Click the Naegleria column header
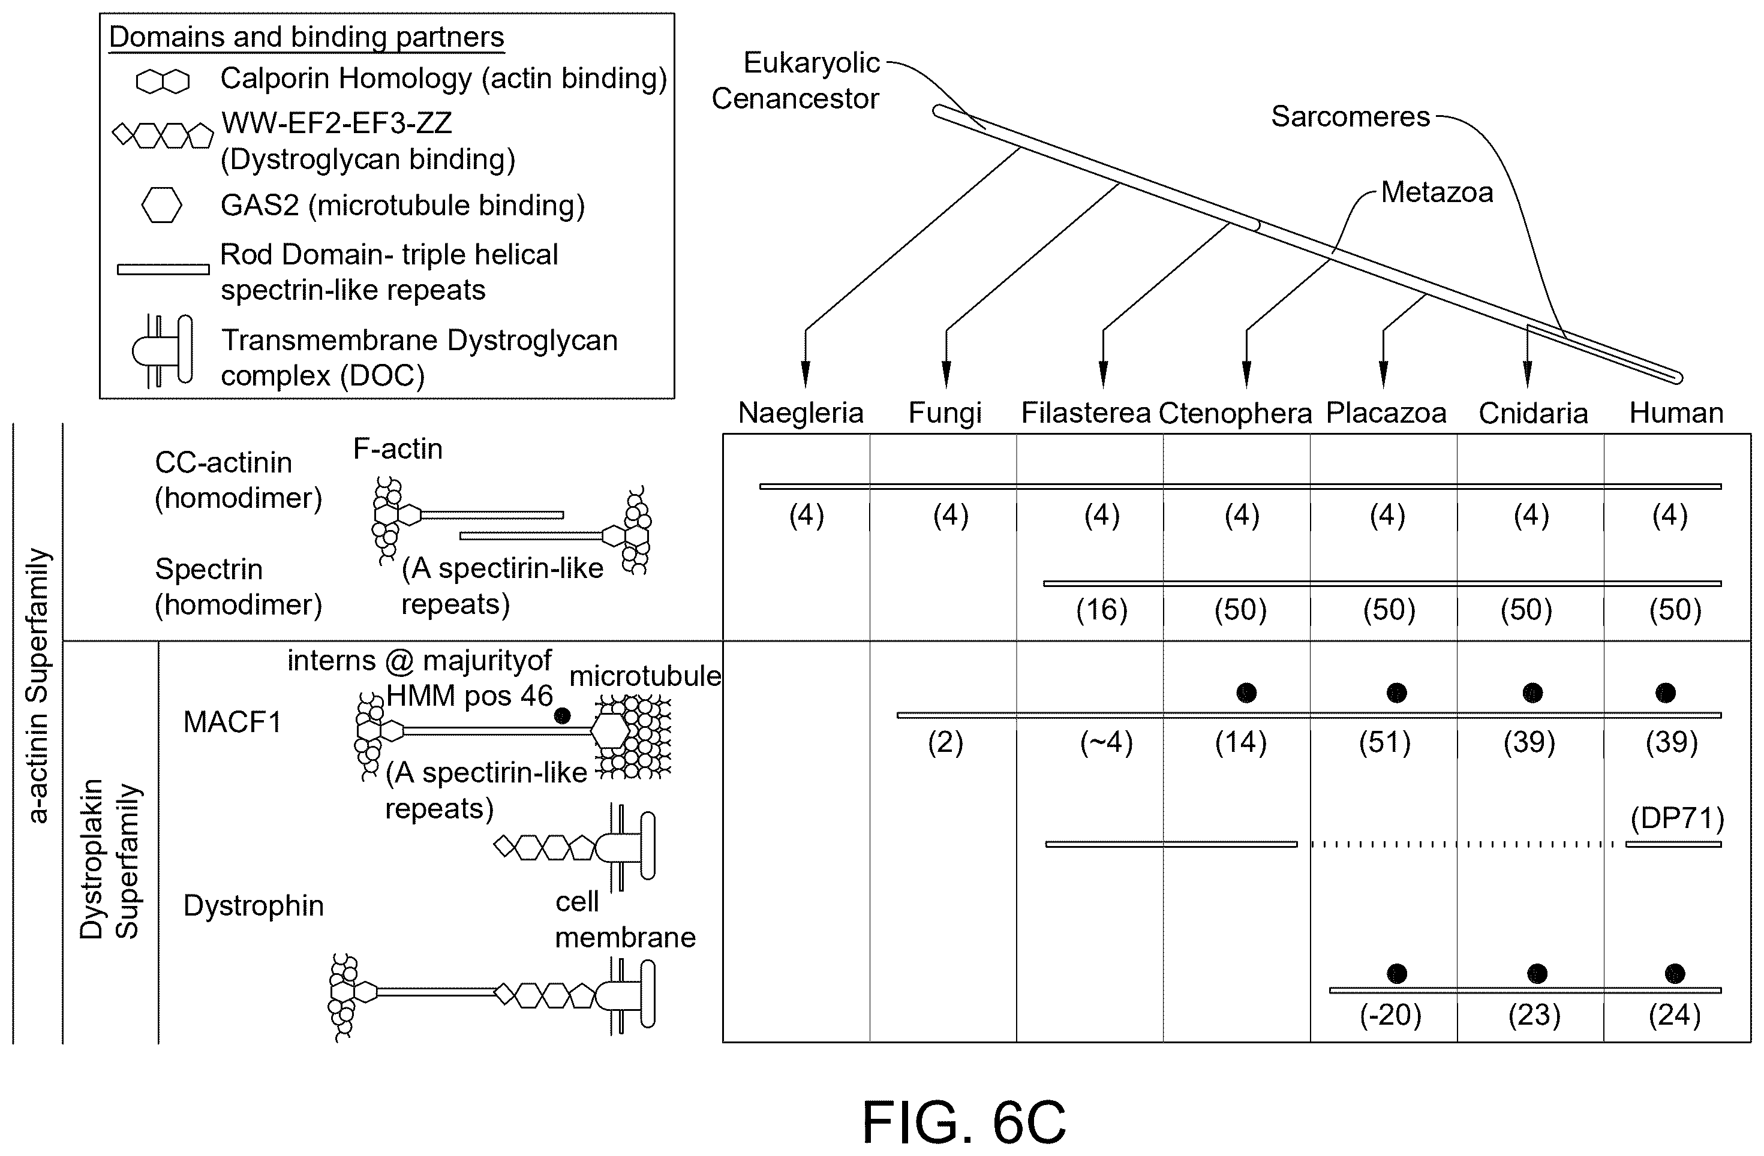tap(801, 413)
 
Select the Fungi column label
tap(945, 413)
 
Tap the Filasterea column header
tap(1086, 413)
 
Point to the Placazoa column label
tap(1386, 413)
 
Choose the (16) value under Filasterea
tap(1101, 610)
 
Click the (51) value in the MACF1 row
tap(1384, 742)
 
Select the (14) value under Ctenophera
tap(1241, 742)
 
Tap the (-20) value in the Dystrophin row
tap(1390, 1014)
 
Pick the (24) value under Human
tap(1674, 1014)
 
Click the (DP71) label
tap(1677, 819)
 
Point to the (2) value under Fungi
tap(945, 742)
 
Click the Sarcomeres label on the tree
tap(1350, 116)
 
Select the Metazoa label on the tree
tap(1437, 192)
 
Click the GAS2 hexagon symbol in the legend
tap(161, 204)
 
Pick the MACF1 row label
tap(233, 722)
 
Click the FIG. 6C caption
tap(963, 1122)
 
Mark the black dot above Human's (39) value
tap(1666, 693)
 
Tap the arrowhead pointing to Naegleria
tap(806, 374)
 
